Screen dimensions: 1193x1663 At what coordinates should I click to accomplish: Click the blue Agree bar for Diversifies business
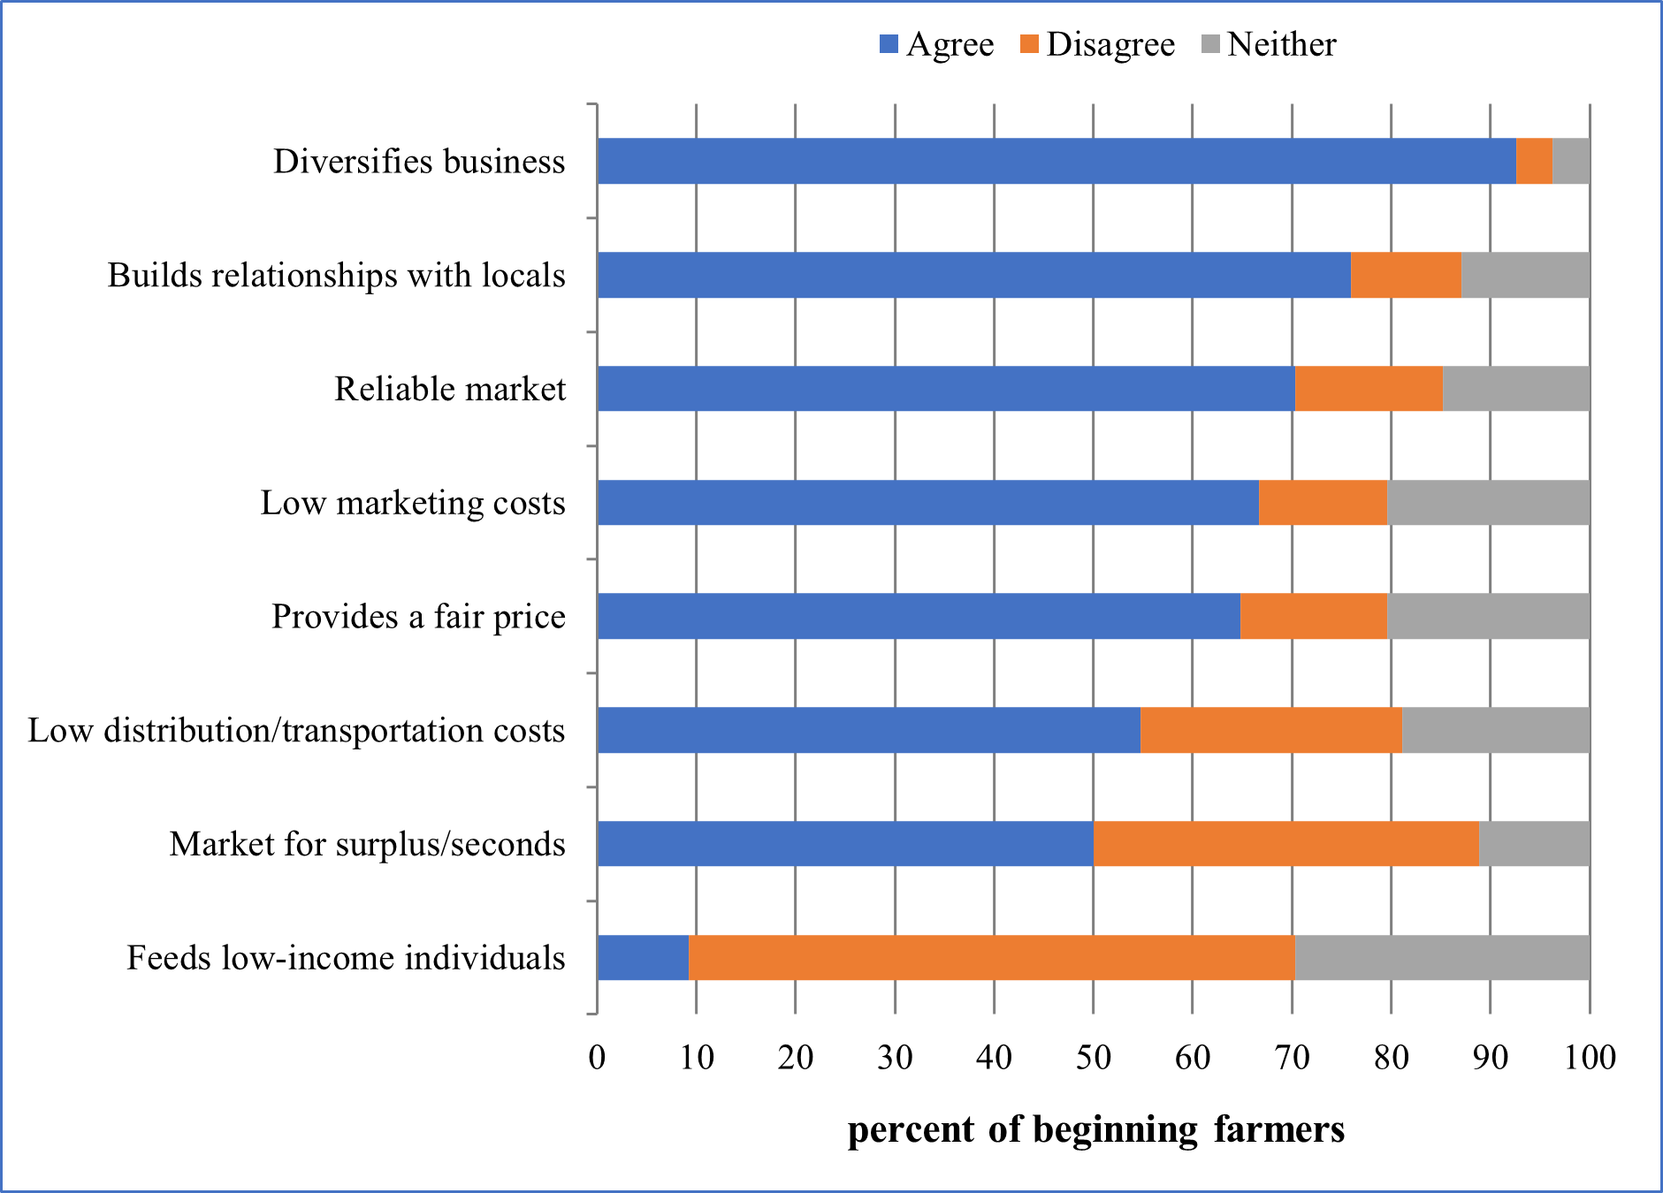[1057, 161]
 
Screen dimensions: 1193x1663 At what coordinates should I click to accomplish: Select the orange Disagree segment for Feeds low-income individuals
[991, 958]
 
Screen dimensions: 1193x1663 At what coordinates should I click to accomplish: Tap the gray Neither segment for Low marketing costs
[1488, 503]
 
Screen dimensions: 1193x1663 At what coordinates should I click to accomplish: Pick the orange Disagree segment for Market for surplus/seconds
[1285, 844]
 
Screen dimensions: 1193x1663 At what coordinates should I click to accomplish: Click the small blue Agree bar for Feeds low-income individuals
[643, 958]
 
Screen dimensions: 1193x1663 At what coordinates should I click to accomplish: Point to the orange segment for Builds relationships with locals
[1406, 275]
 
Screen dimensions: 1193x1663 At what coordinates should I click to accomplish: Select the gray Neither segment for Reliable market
[1515, 389]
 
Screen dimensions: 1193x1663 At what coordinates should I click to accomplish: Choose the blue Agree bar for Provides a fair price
[919, 616]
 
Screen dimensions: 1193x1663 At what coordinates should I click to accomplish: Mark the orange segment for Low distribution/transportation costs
[1270, 730]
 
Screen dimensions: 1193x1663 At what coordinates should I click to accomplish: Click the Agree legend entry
[937, 44]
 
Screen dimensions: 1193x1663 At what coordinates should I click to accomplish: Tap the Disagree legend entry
[1097, 44]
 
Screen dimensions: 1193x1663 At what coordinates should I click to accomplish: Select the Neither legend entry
[1270, 44]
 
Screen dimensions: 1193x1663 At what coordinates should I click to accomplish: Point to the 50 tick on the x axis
[1094, 1057]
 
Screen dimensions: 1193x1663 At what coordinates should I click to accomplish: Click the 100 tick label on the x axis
[1590, 1057]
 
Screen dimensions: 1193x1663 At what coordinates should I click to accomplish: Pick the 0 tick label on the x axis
[598, 1057]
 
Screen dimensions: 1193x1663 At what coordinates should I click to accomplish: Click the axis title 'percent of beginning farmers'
[1096, 1129]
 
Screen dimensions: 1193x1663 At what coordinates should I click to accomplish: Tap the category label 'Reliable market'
[450, 389]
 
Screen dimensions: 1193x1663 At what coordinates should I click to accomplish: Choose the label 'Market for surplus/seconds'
[368, 844]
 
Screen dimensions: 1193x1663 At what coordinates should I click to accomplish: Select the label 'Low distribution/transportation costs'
[297, 730]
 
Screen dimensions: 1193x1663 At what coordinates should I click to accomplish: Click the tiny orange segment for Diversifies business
[1534, 161]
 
